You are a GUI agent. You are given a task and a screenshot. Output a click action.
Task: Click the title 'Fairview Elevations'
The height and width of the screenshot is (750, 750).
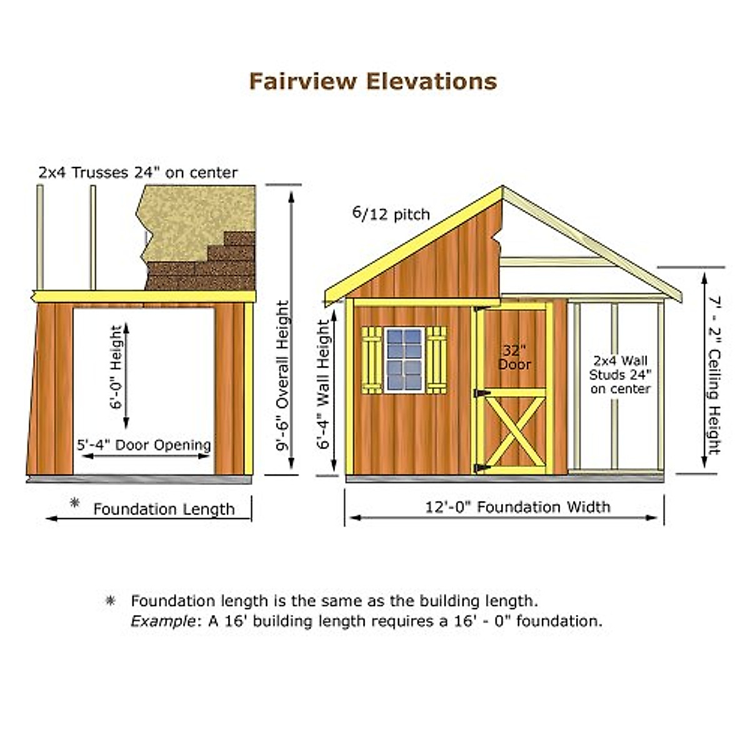click(x=373, y=81)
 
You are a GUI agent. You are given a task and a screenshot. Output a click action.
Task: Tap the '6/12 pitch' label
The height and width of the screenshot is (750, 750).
click(x=391, y=214)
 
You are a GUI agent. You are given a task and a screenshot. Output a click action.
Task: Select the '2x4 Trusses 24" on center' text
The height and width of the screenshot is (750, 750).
click(x=138, y=172)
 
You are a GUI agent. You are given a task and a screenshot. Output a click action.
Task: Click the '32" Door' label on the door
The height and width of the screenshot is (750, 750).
click(x=514, y=357)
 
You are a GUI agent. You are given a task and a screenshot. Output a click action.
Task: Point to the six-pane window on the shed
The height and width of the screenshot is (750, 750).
click(x=404, y=359)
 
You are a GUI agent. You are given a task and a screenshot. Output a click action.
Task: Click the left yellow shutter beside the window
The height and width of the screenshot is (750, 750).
click(x=372, y=359)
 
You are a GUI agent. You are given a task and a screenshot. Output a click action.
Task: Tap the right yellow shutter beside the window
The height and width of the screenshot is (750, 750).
click(x=436, y=359)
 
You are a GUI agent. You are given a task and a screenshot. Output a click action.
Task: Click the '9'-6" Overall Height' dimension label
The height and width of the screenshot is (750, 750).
click(x=283, y=375)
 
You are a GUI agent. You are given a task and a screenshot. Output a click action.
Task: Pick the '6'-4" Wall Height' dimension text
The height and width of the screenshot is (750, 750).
click(x=323, y=384)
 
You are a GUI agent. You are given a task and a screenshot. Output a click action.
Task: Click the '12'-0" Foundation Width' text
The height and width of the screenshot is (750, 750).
click(x=517, y=507)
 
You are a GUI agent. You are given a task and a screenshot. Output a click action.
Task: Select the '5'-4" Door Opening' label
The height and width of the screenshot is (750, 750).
click(x=144, y=445)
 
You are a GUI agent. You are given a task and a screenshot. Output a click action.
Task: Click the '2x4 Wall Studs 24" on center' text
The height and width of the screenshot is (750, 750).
click(x=620, y=374)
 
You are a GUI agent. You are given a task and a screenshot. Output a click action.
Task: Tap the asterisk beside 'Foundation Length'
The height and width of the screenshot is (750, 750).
click(x=75, y=502)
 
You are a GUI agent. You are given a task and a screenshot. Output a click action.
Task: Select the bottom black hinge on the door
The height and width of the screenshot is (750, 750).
click(x=480, y=467)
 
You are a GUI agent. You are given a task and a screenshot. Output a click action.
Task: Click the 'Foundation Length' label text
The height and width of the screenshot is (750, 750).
click(x=164, y=509)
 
